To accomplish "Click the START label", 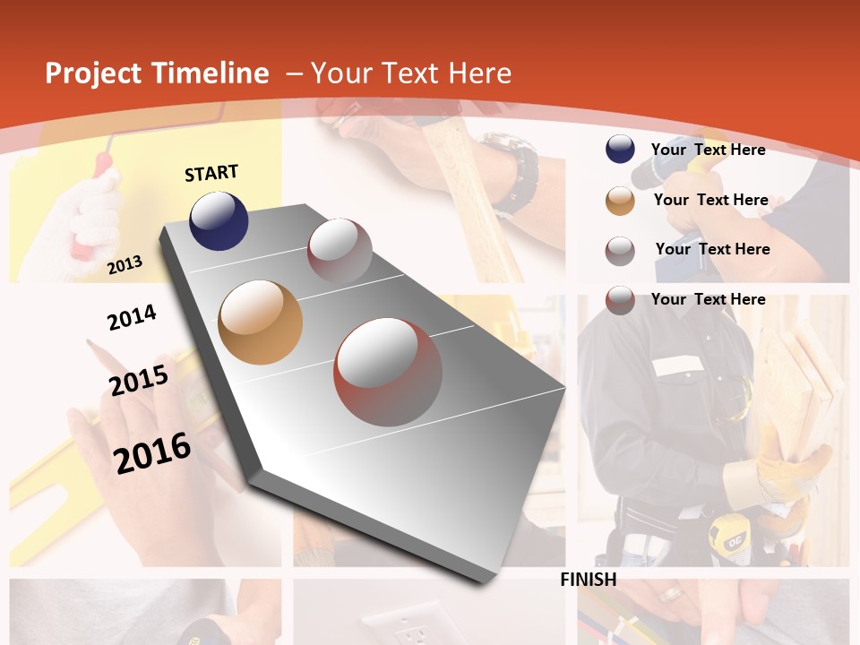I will pos(211,173).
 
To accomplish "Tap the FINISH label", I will pos(588,580).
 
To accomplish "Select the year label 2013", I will pos(125,264).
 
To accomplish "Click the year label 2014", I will pos(132,318).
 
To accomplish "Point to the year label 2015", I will pos(139,381).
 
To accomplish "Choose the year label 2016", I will pos(152,452).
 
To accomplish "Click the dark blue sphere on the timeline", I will pos(219,220).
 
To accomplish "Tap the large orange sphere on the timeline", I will pos(260,322).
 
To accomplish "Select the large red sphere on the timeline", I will pos(388,372).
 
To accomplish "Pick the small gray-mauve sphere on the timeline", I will pos(340,250).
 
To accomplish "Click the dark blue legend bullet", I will pos(620,149).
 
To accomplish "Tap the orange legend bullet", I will pos(620,201).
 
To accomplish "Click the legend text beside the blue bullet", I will pos(708,150).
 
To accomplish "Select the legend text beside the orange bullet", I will pos(710,200).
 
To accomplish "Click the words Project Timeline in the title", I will pos(157,73).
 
